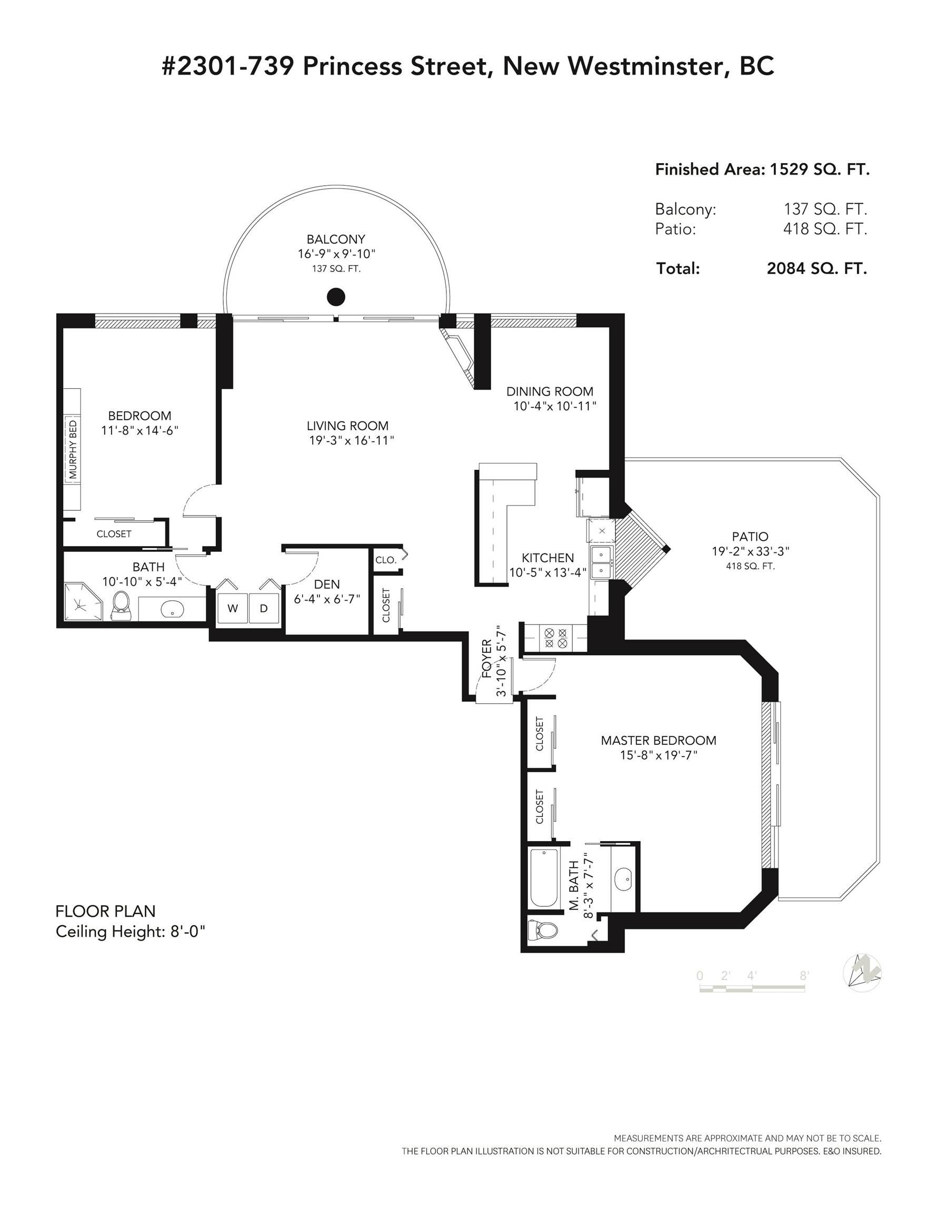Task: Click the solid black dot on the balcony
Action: coord(335,297)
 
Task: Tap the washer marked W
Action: coord(232,608)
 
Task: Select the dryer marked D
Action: coord(264,608)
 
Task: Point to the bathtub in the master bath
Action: coord(544,878)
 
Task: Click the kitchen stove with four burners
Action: coord(555,638)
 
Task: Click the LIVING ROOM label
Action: coord(348,426)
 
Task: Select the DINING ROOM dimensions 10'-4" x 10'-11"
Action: coord(555,406)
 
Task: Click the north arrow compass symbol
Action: coord(862,972)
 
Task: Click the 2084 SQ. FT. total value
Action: coord(816,269)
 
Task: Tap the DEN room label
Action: coord(326,584)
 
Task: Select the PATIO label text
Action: coord(750,537)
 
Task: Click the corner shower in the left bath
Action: coord(83,602)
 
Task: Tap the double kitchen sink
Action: coord(601,562)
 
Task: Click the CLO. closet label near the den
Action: coord(386,560)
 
